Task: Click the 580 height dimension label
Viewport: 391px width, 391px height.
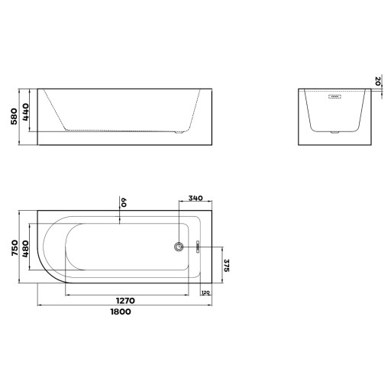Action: pyautogui.click(x=14, y=116)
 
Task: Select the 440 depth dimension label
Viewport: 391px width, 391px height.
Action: pyautogui.click(x=25, y=112)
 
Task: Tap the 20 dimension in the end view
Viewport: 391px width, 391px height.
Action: pyautogui.click(x=378, y=81)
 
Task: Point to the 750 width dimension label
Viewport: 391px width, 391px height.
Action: pyautogui.click(x=15, y=247)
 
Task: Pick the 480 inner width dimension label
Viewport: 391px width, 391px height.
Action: pyautogui.click(x=25, y=249)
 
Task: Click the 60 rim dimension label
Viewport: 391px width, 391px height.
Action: pyautogui.click(x=124, y=202)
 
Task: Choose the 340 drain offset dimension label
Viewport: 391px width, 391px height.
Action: pyautogui.click(x=195, y=198)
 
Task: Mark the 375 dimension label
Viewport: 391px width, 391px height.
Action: pyautogui.click(x=227, y=265)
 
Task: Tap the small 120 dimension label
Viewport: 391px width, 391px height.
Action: pyautogui.click(x=205, y=292)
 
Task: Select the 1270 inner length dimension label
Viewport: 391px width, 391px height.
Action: pyautogui.click(x=125, y=301)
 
